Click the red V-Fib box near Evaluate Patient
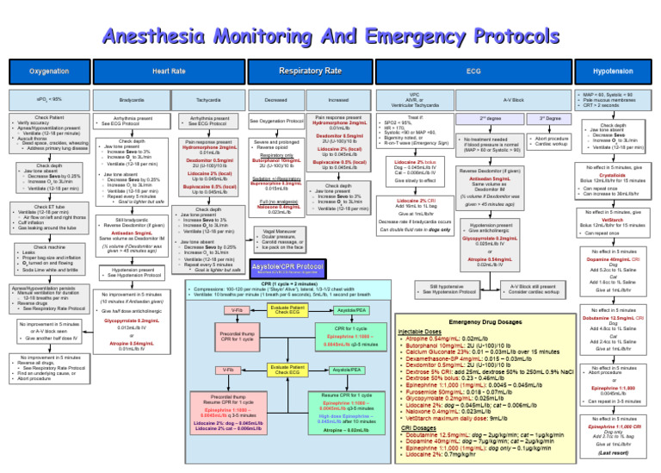point(237,309)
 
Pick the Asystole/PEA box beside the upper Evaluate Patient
point(351,309)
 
